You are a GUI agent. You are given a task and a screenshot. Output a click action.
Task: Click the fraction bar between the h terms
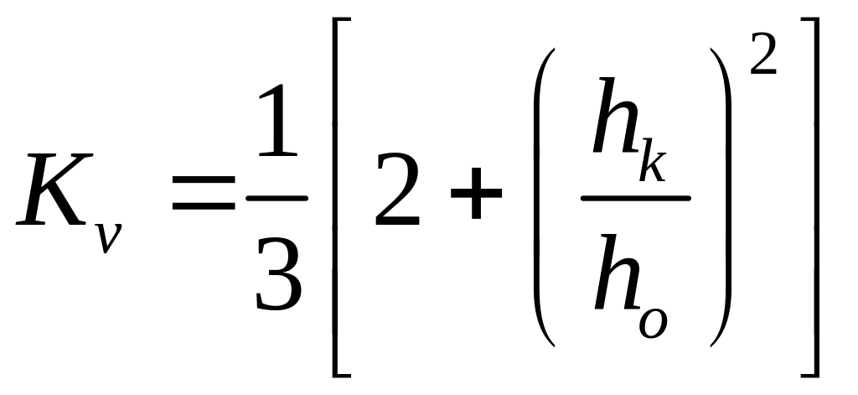pyautogui.click(x=636, y=199)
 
